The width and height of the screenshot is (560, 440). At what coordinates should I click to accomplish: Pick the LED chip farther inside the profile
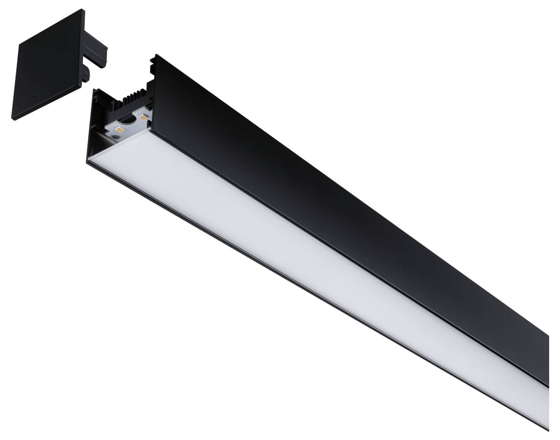tap(143, 117)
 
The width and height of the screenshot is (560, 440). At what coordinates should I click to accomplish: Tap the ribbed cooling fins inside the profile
tap(134, 97)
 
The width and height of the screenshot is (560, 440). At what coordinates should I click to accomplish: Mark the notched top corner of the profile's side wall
tap(154, 59)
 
